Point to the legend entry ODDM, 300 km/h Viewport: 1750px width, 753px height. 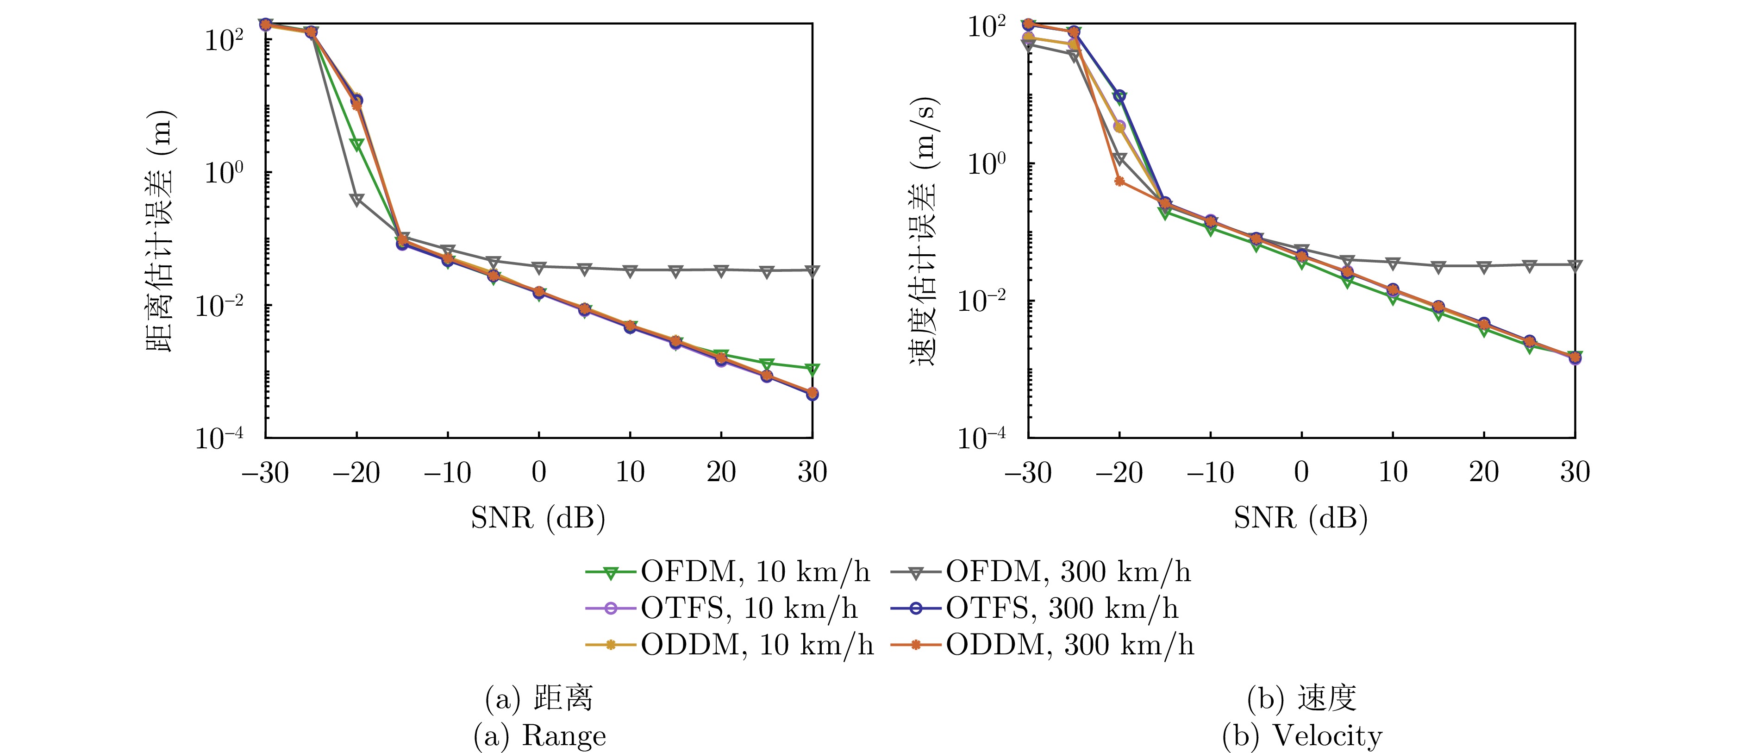click(x=1042, y=644)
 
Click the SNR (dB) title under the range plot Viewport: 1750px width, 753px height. click(x=538, y=519)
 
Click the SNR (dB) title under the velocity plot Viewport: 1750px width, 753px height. click(x=1300, y=519)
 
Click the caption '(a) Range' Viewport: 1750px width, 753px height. click(x=539, y=736)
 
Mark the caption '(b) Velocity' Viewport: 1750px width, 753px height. click(x=1302, y=736)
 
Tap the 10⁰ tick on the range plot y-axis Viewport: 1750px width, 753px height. click(x=224, y=173)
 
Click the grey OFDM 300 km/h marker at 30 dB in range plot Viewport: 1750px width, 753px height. click(x=812, y=270)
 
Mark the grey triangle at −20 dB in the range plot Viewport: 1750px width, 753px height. click(x=356, y=199)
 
